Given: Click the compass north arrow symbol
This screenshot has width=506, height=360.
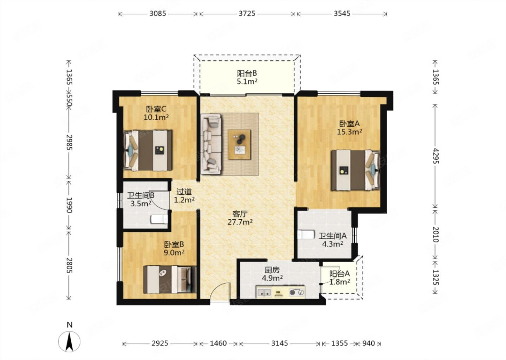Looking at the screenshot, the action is tap(69, 341).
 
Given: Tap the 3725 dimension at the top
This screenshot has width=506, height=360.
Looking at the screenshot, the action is tap(247, 14).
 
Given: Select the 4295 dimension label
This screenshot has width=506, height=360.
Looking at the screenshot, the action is tap(435, 156).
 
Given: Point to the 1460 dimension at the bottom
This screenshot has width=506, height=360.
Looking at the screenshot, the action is tap(218, 343).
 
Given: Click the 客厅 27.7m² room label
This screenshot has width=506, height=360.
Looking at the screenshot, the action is tap(240, 218).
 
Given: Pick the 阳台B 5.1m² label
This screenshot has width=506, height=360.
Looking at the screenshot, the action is tap(247, 77).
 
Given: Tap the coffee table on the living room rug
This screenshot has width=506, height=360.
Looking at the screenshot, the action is tap(239, 144).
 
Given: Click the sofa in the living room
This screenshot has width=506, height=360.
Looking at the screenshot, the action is tap(211, 144).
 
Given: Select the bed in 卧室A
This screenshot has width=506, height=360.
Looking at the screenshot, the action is tap(355, 170).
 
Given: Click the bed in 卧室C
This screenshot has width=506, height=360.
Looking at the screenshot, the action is tap(148, 150).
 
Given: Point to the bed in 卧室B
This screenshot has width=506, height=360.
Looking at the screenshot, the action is tap(170, 279).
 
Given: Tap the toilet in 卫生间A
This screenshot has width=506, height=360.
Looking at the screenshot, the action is tap(306, 234).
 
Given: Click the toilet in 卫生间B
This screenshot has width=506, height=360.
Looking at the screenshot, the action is tap(159, 219).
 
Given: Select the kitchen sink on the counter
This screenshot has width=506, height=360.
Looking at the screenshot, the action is tap(264, 292).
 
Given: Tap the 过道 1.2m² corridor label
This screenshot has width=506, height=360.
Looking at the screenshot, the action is tap(184, 196).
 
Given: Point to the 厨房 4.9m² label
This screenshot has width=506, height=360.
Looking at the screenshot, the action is tap(272, 274).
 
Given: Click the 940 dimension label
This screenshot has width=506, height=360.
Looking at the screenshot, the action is tap(368, 343).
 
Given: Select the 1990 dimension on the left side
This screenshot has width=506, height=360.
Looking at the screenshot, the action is tap(69, 205).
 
